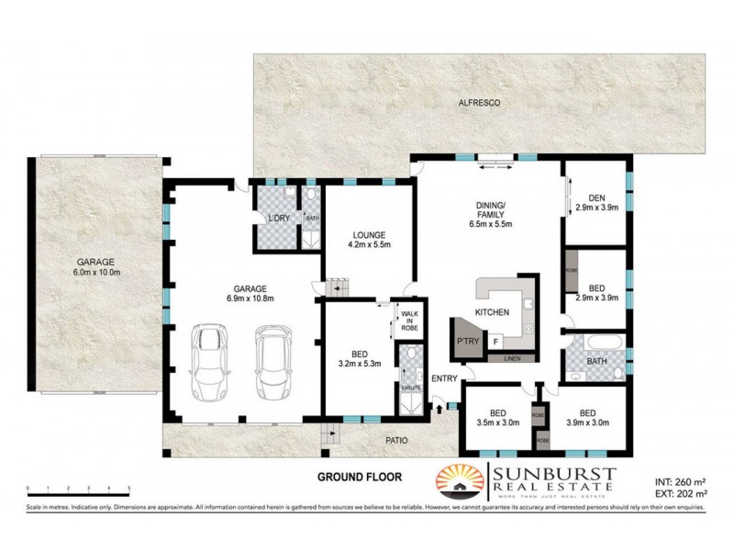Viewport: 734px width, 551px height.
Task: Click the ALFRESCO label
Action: tap(479, 105)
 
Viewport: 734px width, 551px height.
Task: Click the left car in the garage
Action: tap(209, 361)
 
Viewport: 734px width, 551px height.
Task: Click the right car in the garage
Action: tap(272, 361)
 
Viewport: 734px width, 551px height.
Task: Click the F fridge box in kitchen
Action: tap(495, 342)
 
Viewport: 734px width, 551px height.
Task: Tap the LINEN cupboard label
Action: tap(513, 358)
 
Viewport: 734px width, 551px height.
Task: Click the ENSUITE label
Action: tap(408, 388)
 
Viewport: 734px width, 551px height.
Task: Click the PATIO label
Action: tap(396, 441)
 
